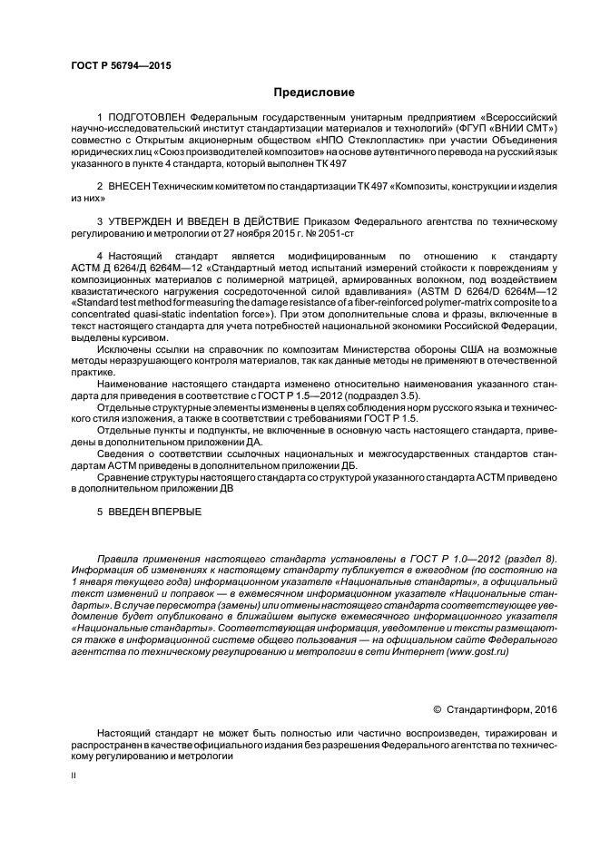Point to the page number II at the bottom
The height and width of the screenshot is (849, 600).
(x=74, y=776)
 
